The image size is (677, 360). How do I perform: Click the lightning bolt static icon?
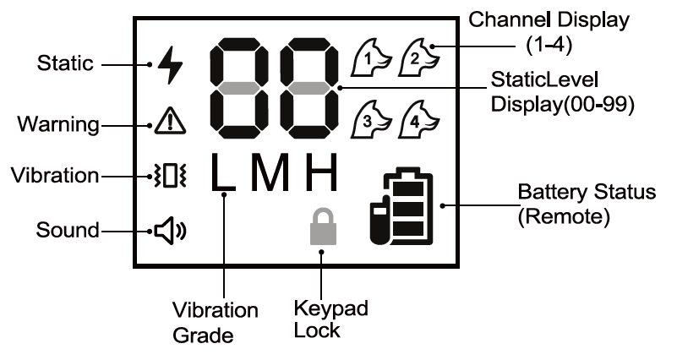(x=169, y=64)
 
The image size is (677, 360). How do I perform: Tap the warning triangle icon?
(x=169, y=123)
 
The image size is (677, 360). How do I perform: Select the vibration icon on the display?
(x=169, y=177)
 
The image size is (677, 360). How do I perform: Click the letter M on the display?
(x=273, y=174)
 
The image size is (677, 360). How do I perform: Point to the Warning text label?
(x=56, y=125)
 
